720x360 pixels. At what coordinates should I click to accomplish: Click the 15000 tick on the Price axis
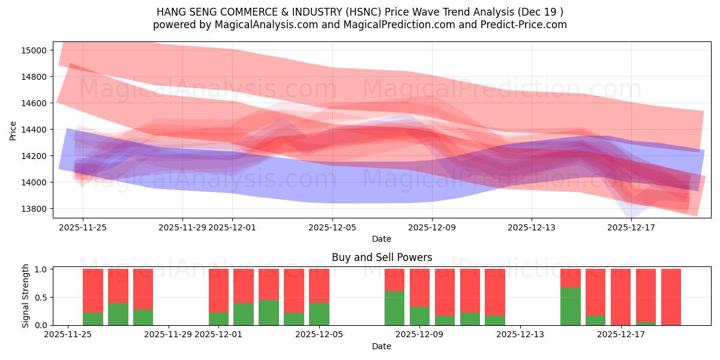35,50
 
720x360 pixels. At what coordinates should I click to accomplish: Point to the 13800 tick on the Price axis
35,209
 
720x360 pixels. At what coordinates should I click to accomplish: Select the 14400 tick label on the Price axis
35,130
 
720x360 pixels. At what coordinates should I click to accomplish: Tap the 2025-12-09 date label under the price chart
432,227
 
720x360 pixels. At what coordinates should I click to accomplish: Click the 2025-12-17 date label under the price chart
631,227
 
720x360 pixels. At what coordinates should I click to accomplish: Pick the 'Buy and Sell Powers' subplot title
382,257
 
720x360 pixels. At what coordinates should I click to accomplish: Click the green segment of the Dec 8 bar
394,308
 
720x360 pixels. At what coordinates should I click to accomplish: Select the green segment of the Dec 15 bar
570,306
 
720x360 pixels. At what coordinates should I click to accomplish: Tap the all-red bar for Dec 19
671,297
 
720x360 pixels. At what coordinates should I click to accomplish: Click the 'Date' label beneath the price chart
382,239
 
